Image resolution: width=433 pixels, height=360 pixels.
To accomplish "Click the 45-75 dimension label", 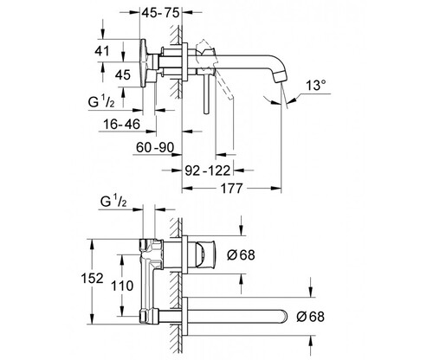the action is (161, 12).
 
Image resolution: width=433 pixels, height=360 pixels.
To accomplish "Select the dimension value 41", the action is (102, 51).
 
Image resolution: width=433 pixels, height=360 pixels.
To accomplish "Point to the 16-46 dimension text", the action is (121, 125).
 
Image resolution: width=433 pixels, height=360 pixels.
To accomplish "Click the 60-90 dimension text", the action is (155, 148).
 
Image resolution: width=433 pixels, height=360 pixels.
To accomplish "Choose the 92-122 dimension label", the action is (208, 170).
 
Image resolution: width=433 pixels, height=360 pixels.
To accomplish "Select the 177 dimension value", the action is (231, 189).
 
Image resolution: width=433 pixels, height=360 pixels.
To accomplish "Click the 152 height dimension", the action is (92, 279).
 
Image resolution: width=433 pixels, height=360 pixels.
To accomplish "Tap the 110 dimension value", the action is (122, 286).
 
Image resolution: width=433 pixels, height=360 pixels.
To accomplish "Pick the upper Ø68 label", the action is (241, 255).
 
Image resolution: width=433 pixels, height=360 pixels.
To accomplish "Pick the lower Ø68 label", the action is (310, 317).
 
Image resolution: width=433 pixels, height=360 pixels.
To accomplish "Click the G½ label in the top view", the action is (101, 101).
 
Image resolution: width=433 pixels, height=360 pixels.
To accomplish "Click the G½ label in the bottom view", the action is (113, 201).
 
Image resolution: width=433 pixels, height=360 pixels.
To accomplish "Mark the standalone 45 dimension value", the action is (123, 75).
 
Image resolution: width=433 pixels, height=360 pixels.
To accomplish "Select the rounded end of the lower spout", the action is (283, 316).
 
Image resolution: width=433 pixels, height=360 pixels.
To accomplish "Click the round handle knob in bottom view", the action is (204, 254).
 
